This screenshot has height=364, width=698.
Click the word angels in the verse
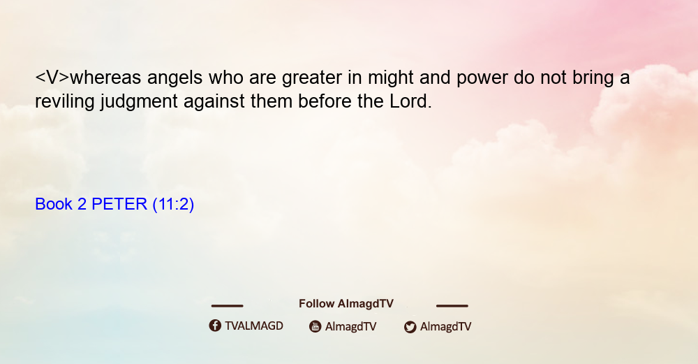tap(175, 78)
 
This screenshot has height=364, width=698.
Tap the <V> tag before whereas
tap(52, 78)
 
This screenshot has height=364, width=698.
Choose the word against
tap(214, 101)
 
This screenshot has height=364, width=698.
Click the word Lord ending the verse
tap(411, 101)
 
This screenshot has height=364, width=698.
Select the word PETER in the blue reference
tap(119, 204)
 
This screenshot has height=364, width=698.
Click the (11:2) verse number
tap(173, 205)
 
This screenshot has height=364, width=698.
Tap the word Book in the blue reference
tap(54, 204)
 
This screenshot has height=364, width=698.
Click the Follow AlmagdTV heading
tap(346, 304)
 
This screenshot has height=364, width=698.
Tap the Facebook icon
tap(215, 326)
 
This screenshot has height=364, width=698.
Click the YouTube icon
tap(315, 326)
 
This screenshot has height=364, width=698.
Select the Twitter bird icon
tap(410, 327)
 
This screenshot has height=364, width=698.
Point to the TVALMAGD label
tap(254, 326)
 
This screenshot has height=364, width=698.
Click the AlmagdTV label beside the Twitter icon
tap(445, 327)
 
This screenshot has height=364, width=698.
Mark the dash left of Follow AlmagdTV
tap(227, 305)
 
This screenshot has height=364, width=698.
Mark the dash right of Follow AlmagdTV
tap(452, 305)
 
